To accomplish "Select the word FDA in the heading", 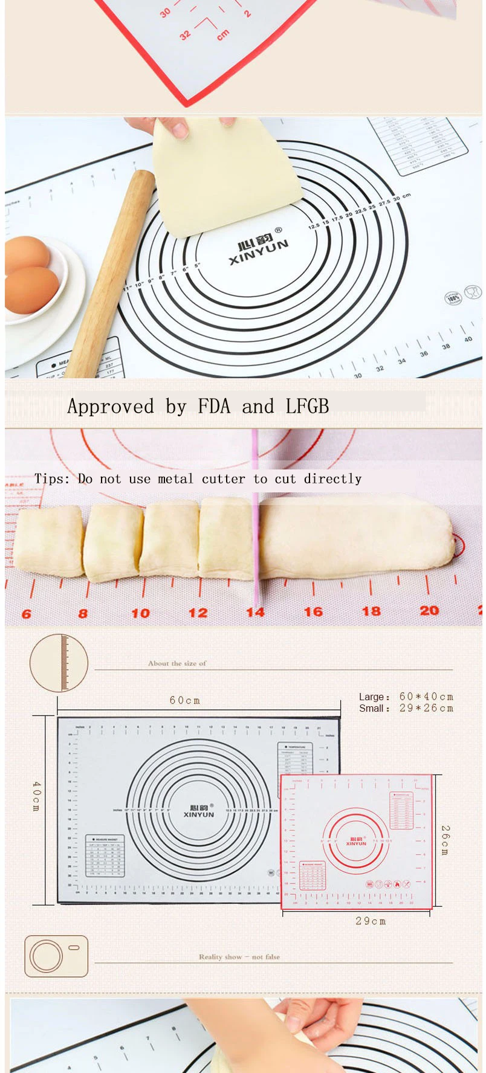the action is point(215,407).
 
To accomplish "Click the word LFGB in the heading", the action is point(307,407).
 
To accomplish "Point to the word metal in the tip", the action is point(175,479).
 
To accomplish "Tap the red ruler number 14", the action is point(255,613).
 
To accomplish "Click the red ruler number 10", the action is point(140,613).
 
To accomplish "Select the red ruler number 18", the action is point(371,611).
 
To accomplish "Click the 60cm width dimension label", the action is point(185,700).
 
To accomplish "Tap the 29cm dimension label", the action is point(371,921).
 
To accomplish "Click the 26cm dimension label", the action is point(445,840).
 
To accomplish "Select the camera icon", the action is point(56,956).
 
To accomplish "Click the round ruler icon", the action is point(59,663).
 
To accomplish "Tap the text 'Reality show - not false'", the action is point(239,956).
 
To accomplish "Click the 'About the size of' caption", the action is point(177,663).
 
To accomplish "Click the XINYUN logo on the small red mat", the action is point(356,841).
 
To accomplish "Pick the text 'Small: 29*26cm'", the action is point(406,708).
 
